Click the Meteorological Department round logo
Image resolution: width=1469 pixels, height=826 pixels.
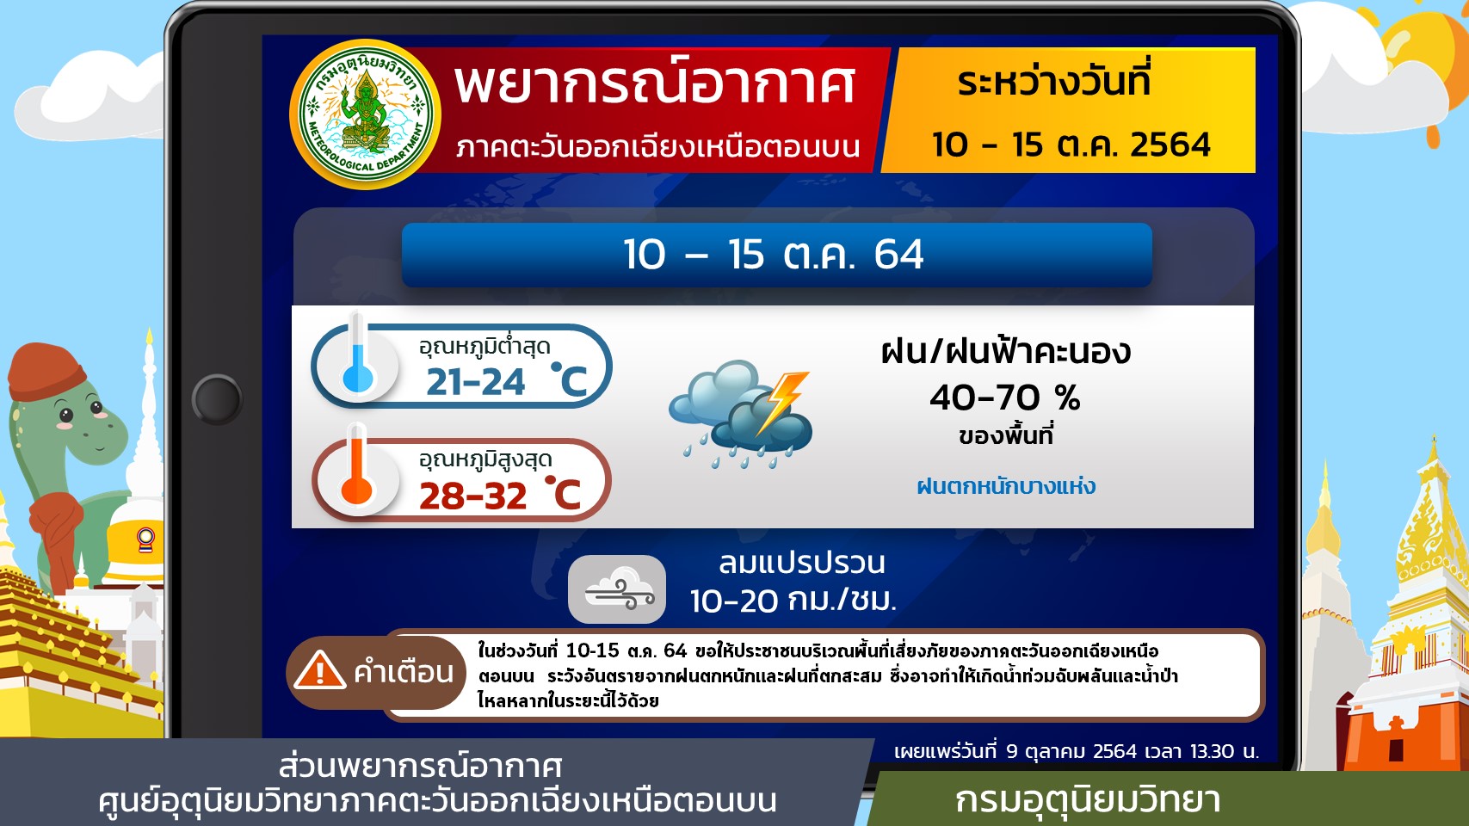(365, 114)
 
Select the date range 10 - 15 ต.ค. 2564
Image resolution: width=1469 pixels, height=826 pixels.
(1071, 145)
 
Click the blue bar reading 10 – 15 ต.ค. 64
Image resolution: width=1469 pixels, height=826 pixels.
(776, 255)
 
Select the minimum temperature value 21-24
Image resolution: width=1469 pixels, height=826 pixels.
(475, 381)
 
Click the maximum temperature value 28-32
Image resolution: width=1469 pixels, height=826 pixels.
(472, 496)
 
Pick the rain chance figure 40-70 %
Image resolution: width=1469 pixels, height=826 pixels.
(1005, 398)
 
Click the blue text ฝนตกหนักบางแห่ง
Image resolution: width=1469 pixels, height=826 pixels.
(1006, 486)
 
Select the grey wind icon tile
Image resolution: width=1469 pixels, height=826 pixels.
(616, 589)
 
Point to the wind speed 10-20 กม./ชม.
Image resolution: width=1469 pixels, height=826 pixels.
(793, 600)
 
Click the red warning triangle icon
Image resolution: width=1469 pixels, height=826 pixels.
(319, 670)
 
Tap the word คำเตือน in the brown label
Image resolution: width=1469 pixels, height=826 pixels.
(404, 672)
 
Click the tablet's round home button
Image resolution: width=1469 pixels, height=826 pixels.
(217, 398)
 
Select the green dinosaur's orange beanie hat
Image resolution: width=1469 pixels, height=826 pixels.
(46, 372)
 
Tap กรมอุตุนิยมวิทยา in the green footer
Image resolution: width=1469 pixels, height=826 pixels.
(1088, 800)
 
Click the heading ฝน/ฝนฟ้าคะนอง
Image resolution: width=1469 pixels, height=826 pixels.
(1005, 351)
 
